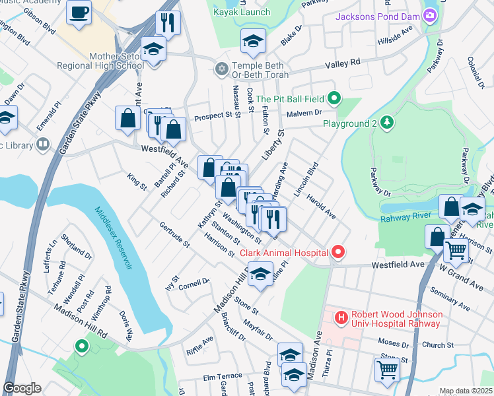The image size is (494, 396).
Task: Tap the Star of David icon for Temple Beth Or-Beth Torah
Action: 221,68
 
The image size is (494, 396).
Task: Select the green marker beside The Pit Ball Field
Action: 334,99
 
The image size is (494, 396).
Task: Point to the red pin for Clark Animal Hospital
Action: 338,253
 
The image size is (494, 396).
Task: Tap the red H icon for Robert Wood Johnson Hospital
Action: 341,318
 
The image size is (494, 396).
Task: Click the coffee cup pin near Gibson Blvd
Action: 79,13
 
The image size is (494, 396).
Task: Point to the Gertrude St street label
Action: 174,235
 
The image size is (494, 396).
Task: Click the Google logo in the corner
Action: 22,388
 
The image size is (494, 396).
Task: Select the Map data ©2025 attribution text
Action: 466,391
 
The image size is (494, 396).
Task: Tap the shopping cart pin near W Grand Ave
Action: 456,251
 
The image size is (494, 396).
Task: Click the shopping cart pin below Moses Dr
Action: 387,370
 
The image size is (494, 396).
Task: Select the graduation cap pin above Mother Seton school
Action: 153,50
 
